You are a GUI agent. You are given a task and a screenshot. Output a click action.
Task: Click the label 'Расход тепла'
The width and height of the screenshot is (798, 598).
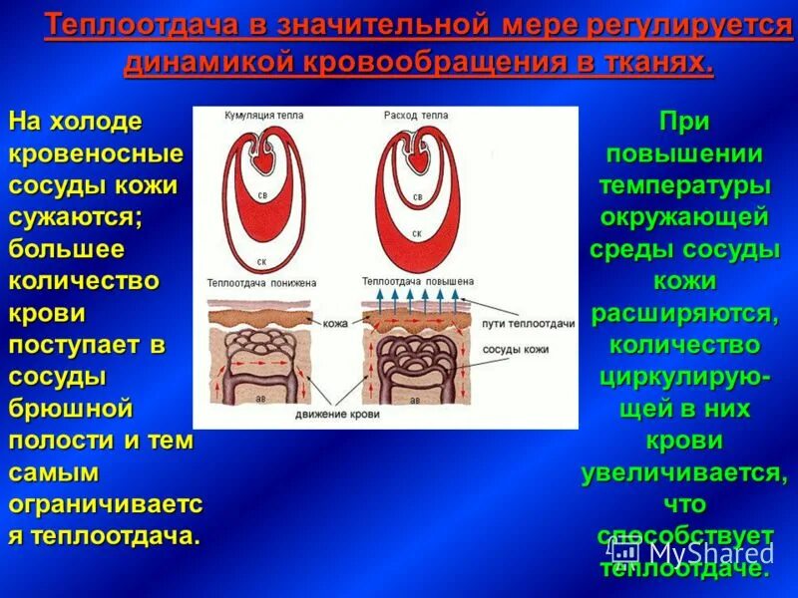(416, 116)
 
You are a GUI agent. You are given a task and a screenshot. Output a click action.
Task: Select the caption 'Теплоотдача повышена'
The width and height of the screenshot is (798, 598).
(412, 282)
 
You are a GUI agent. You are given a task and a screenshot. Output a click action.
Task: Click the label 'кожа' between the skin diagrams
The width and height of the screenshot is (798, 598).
(336, 323)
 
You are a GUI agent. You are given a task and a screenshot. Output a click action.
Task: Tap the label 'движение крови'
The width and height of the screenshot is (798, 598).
(334, 414)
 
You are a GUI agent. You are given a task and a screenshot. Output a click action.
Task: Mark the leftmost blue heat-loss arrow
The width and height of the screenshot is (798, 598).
(378, 296)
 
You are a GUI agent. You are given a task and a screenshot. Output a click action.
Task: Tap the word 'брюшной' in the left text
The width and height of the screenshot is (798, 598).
(71, 409)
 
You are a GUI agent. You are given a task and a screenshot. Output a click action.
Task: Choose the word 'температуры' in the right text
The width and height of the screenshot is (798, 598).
(683, 186)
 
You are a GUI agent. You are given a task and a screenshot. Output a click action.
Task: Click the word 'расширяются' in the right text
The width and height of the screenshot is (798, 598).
(683, 314)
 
